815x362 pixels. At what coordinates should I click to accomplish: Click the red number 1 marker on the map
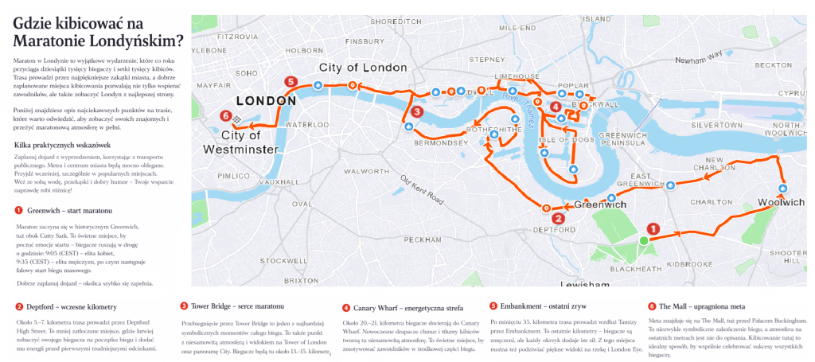click(653, 228)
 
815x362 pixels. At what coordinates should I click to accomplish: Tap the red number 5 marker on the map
click(291, 81)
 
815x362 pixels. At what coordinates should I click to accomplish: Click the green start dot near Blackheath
click(643, 239)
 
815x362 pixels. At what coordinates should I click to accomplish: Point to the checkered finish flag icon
click(236, 119)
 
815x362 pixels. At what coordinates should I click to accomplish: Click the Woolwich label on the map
click(780, 202)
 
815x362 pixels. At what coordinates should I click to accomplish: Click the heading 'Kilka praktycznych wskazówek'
click(63, 145)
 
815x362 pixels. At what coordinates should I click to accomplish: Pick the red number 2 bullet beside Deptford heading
click(18, 306)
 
